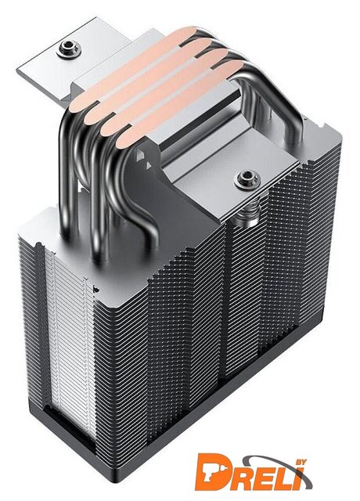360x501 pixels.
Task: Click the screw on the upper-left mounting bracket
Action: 69,49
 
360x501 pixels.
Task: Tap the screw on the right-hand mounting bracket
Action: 247,178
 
